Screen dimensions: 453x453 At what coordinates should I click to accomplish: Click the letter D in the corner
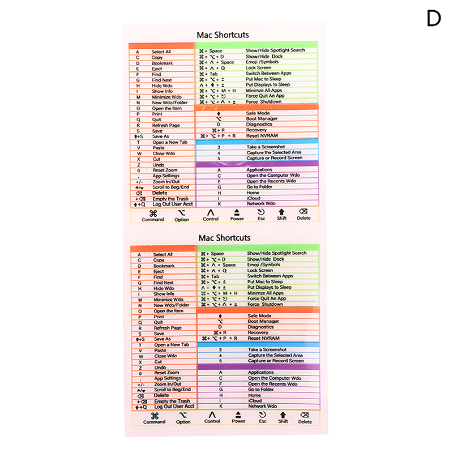[x=433, y=19]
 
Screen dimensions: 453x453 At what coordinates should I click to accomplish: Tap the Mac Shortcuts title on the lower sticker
[x=224, y=238]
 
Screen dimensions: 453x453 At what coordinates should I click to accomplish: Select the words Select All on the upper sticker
[x=161, y=52]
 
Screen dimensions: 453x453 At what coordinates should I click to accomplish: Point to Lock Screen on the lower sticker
[x=260, y=271]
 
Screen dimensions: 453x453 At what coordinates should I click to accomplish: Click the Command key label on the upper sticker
[x=153, y=219]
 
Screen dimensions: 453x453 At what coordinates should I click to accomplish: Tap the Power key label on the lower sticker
[x=238, y=421]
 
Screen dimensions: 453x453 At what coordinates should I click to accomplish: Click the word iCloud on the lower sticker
[x=254, y=400]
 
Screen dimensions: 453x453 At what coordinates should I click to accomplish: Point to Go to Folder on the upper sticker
[x=259, y=186]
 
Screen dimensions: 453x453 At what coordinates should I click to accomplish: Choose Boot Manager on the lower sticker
[x=263, y=321]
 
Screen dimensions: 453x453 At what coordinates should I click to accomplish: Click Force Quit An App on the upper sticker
[x=266, y=96]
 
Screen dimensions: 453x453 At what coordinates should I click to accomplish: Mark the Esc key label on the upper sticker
[x=261, y=218]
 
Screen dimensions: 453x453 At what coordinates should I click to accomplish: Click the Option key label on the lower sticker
[x=183, y=422]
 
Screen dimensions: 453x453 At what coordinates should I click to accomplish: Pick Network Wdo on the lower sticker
[x=262, y=406]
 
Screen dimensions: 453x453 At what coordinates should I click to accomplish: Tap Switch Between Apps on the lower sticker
[x=270, y=276]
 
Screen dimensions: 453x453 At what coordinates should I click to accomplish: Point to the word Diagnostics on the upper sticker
[x=259, y=124]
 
